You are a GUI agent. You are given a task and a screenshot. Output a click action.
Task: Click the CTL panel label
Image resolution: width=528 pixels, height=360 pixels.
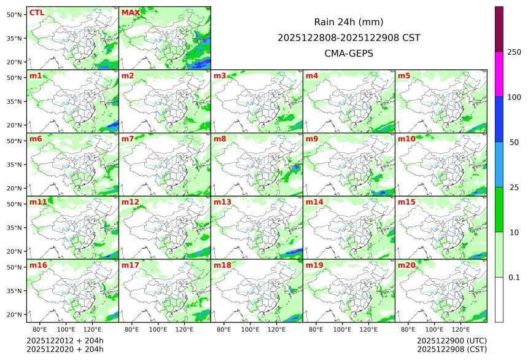[36, 12]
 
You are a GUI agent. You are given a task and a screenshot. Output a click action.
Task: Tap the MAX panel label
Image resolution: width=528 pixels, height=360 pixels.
[130, 12]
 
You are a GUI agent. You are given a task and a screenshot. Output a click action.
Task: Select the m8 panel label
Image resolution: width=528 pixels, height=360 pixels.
[220, 139]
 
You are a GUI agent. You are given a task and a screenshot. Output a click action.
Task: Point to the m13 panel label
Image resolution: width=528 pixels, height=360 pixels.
[222, 202]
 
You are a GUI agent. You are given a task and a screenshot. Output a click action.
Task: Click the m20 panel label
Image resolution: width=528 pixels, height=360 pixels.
[406, 265]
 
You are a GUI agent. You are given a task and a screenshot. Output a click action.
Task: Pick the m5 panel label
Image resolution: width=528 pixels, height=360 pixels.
[404, 76]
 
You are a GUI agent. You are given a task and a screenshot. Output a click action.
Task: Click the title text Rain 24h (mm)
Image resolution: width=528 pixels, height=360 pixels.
[349, 22]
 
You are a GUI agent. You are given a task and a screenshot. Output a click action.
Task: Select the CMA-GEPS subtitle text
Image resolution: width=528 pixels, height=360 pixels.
[349, 53]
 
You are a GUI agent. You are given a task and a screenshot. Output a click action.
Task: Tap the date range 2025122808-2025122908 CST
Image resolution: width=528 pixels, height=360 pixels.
[349, 37]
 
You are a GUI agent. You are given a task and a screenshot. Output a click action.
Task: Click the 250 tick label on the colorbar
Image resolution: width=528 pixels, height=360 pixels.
[514, 52]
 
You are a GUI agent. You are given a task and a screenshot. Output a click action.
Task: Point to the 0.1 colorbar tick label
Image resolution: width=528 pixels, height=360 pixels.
[514, 277]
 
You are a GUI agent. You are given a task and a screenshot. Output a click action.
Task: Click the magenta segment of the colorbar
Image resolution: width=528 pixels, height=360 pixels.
[499, 74]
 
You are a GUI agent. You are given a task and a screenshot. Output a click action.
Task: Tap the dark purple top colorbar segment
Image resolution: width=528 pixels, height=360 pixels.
[499, 29]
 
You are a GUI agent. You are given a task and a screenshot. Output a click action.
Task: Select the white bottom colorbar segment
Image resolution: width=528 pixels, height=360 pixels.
[499, 299]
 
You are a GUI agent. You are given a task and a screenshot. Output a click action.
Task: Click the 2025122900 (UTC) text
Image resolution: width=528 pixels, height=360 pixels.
[451, 340]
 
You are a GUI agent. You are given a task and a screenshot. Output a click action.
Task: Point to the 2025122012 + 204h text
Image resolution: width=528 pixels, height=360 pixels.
[65, 340]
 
